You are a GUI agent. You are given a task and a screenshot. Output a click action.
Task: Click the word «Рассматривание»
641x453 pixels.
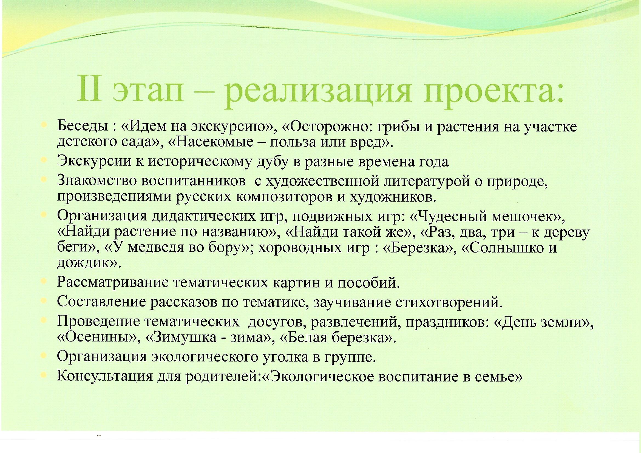tap(113, 283)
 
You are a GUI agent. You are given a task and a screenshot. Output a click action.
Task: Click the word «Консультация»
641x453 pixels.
tap(104, 377)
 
